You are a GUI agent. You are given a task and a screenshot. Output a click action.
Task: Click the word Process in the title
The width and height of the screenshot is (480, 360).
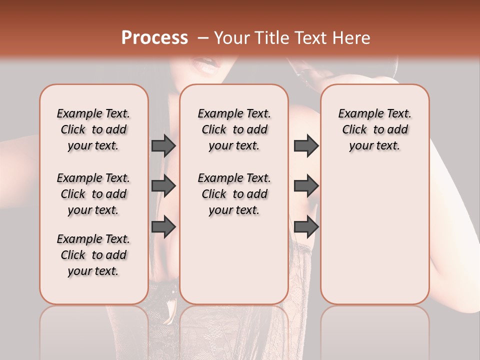[x=154, y=38]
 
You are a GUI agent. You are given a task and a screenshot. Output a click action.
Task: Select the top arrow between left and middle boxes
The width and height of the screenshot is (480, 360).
[x=163, y=145]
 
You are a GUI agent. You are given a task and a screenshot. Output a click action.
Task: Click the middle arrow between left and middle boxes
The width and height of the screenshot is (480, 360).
[x=163, y=186]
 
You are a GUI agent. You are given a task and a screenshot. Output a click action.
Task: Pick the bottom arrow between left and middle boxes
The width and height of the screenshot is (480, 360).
[x=163, y=227]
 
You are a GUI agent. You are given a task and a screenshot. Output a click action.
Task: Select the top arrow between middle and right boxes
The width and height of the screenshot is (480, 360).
[x=306, y=145]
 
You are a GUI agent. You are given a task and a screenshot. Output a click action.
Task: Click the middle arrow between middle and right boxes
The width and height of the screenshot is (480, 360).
[x=306, y=186]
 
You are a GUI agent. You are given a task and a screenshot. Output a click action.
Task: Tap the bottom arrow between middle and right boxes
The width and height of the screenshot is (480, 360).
[x=306, y=227]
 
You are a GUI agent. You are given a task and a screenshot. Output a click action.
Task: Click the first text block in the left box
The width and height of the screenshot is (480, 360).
[x=93, y=129]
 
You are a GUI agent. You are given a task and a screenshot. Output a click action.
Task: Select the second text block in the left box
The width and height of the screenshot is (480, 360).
[x=93, y=194]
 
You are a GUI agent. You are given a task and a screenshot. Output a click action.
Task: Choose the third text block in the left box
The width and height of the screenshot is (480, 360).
[x=93, y=255]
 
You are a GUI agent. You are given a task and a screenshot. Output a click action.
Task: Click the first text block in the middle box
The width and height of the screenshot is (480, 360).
[x=234, y=129]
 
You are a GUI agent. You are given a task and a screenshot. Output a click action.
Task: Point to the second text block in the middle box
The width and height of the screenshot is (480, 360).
[x=234, y=194]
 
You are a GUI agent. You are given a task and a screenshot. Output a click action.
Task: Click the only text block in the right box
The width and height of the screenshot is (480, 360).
[x=374, y=129]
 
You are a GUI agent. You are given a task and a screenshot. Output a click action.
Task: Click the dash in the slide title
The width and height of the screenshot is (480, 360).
[x=203, y=38]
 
